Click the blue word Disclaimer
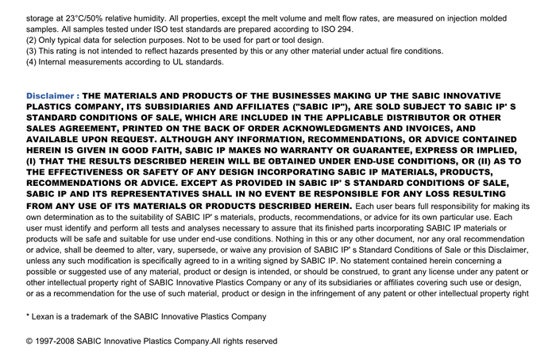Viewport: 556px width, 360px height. click(49, 95)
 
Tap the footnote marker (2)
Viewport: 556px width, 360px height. click(32, 40)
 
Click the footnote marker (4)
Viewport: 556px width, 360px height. click(32, 62)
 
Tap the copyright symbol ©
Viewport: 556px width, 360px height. click(29, 341)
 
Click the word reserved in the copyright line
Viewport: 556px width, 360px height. click(259, 341)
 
